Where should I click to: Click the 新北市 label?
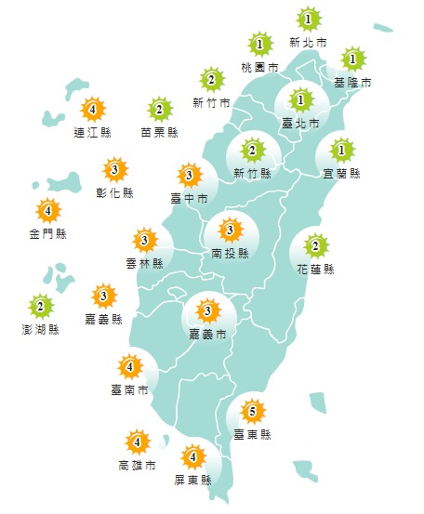click(308, 43)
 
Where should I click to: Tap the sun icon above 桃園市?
click(259, 44)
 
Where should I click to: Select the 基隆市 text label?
click(353, 83)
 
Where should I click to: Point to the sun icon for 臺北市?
click(300, 99)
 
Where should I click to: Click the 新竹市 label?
click(211, 102)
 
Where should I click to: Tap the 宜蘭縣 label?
click(342, 173)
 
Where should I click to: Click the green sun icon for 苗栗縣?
click(160, 110)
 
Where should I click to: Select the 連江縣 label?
click(92, 133)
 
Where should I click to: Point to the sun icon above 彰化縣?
click(115, 169)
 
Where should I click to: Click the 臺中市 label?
click(189, 197)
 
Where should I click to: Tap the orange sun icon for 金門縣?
click(47, 210)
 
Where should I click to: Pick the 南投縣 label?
click(231, 253)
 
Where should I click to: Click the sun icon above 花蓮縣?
click(316, 245)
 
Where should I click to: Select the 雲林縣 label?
click(144, 264)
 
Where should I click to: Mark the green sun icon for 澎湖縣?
click(41, 305)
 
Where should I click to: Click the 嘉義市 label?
click(207, 334)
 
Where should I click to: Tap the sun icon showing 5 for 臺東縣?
click(252, 409)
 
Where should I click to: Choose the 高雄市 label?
click(137, 465)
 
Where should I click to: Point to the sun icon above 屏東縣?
click(193, 456)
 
